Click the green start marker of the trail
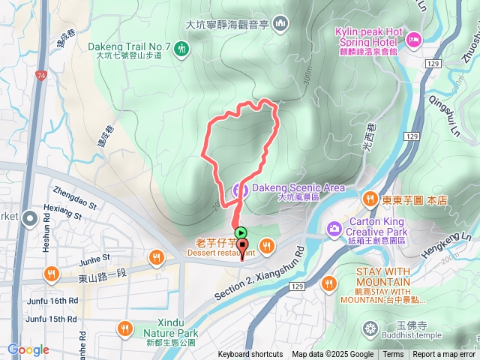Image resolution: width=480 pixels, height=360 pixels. [x=241, y=232]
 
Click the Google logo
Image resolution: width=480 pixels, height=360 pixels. [x=28, y=349]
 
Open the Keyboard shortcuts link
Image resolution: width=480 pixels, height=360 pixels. [x=250, y=355]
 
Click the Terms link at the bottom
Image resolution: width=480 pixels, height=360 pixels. [x=393, y=355]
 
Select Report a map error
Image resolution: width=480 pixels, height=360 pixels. [x=444, y=355]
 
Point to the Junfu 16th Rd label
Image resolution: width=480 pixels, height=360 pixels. [x=51, y=300]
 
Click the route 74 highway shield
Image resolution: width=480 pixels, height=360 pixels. [x=39, y=76]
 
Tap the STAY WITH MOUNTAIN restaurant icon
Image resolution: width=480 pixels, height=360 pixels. [x=328, y=283]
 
